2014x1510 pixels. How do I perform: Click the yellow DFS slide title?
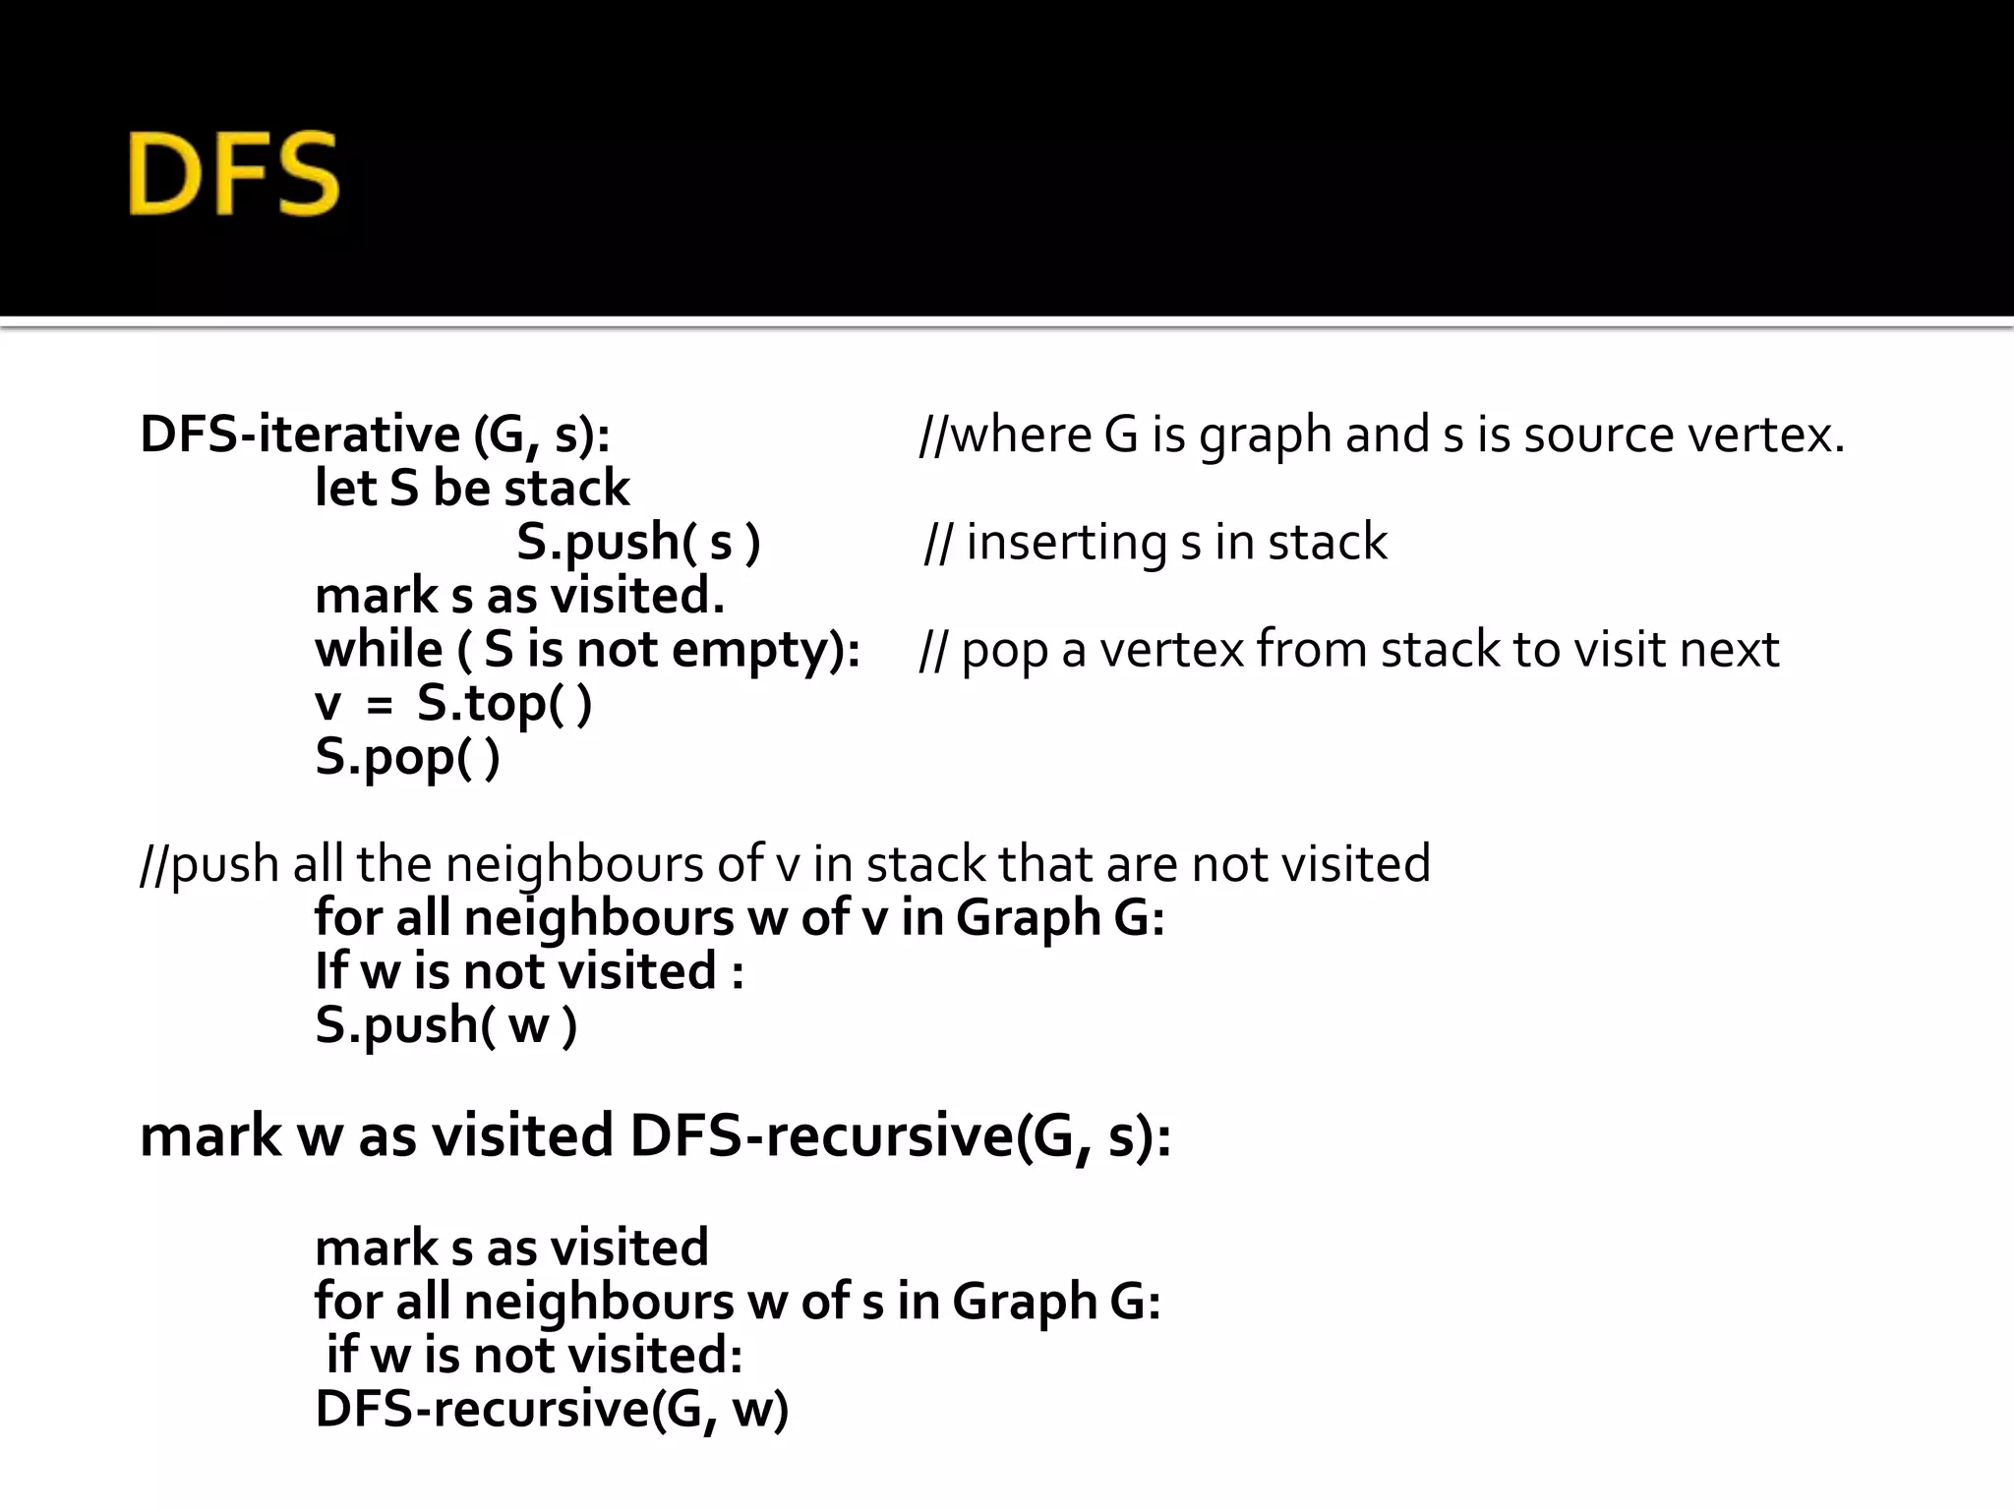click(234, 174)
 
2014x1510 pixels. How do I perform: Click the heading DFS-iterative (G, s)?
click(375, 435)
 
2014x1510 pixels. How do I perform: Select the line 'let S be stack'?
click(472, 489)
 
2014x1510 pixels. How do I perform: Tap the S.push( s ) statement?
click(638, 543)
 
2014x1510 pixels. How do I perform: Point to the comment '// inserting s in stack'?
click(1156, 543)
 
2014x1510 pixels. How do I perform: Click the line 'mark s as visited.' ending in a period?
click(519, 596)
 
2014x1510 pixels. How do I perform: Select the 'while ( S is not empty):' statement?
click(587, 650)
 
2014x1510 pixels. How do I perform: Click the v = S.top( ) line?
click(453, 704)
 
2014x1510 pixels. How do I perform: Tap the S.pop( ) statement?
click(407, 758)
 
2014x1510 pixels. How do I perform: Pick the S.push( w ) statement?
click(445, 1025)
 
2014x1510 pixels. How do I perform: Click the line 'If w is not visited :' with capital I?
click(529, 972)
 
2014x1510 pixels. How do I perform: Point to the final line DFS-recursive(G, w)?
click(552, 1409)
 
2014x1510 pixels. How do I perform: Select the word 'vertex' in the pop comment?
click(1170, 650)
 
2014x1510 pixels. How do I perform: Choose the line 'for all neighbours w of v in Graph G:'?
click(740, 918)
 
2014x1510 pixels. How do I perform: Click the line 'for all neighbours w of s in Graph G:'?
click(738, 1302)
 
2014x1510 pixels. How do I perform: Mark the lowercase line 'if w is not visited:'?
click(534, 1356)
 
